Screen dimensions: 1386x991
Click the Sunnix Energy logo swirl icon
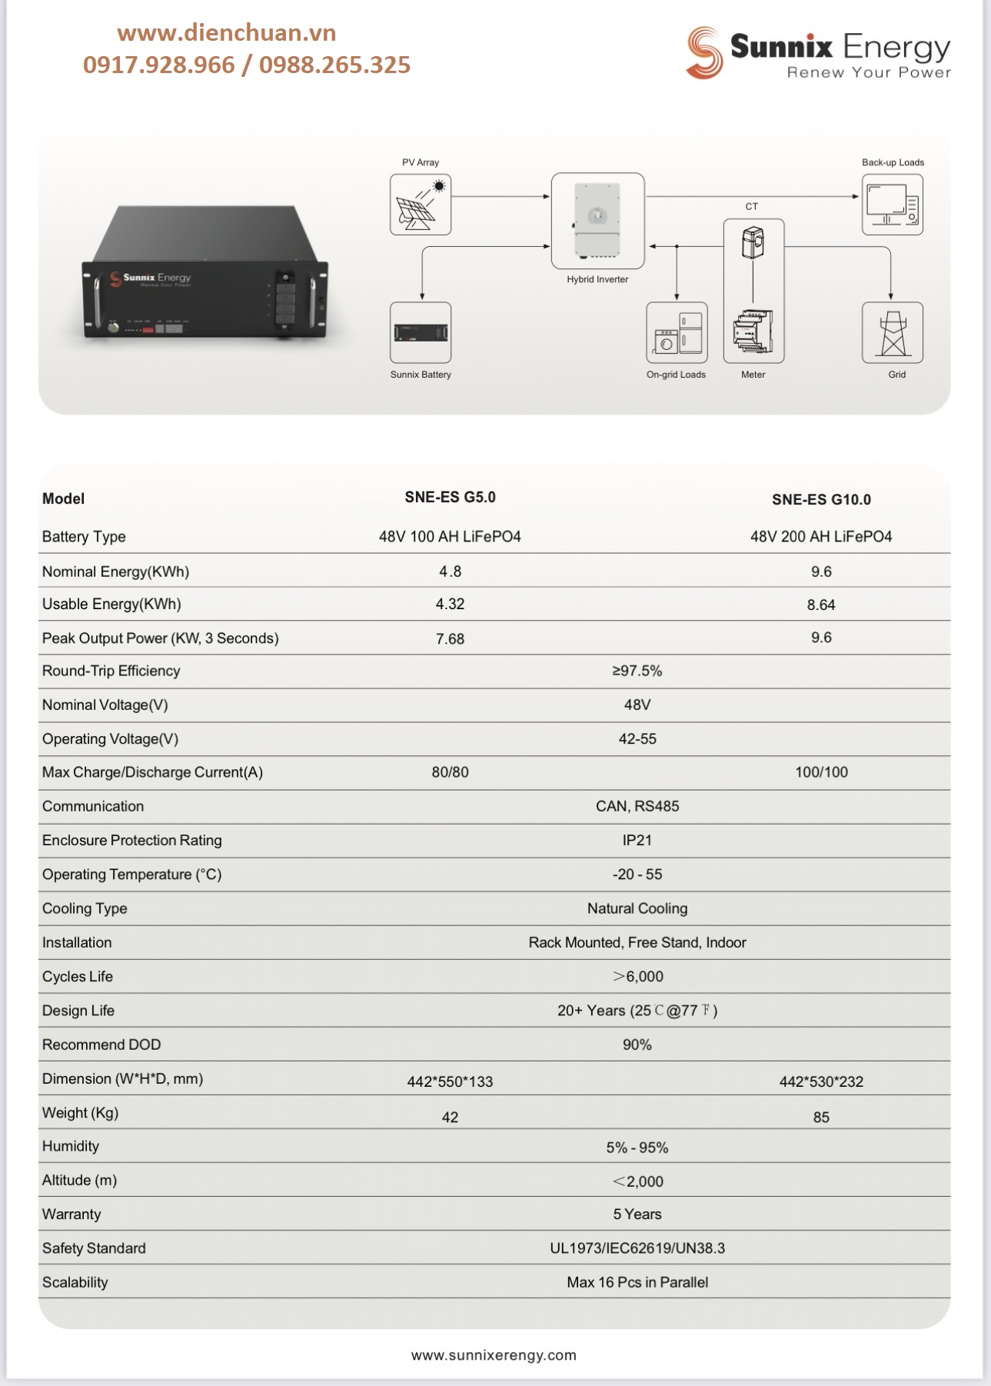[703, 52]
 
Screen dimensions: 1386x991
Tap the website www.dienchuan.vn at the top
[227, 33]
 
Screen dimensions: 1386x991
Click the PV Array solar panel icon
[421, 205]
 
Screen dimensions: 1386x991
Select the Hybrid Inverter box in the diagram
[597, 221]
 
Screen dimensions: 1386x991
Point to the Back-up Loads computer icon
[892, 205]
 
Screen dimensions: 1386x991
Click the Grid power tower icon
[892, 332]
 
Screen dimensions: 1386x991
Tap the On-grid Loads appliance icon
[677, 332]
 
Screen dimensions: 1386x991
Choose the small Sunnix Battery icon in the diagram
[421, 332]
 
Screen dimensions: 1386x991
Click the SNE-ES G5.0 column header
[450, 498]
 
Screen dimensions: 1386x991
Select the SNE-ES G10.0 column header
[821, 500]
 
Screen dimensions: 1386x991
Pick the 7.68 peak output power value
[450, 639]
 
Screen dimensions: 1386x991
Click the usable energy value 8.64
[821, 605]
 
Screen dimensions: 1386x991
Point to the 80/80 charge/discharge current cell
[450, 772]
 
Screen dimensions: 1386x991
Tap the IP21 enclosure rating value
[637, 841]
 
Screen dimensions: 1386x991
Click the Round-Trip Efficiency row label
[111, 671]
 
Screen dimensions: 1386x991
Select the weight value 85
[821, 1118]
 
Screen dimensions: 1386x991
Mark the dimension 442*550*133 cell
[450, 1082]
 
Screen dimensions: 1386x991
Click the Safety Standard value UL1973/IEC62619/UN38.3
[637, 1248]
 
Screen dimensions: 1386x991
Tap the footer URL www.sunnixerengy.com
[494, 1355]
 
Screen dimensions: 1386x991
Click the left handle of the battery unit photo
[98, 302]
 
